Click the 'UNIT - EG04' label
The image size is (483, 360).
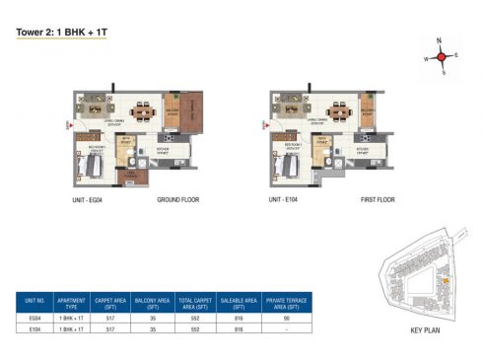point(88,199)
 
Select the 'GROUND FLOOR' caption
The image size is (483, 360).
point(178,199)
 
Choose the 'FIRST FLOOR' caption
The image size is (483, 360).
point(375,199)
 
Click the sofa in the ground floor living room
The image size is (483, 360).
point(95,99)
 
